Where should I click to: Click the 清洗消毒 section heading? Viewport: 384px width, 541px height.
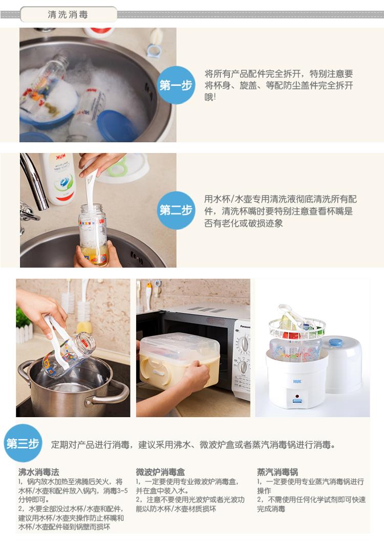click(68, 14)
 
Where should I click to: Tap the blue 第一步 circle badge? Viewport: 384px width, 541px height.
click(176, 85)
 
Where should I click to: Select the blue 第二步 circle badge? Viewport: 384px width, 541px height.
click(176, 210)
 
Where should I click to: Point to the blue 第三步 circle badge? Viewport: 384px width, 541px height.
click(23, 443)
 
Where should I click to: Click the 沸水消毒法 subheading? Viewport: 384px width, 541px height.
click(38, 472)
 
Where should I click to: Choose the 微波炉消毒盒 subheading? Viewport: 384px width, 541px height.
click(160, 472)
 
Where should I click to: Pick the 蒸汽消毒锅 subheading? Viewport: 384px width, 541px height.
click(278, 472)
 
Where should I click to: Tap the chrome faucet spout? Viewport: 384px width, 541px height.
click(34, 181)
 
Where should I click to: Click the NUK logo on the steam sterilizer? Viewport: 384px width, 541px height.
click(297, 381)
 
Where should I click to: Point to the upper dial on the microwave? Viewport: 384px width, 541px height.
click(244, 344)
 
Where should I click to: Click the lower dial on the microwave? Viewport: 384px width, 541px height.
click(243, 367)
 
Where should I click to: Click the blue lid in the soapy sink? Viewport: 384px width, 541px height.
click(117, 126)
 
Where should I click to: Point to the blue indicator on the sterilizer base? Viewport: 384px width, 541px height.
click(297, 401)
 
